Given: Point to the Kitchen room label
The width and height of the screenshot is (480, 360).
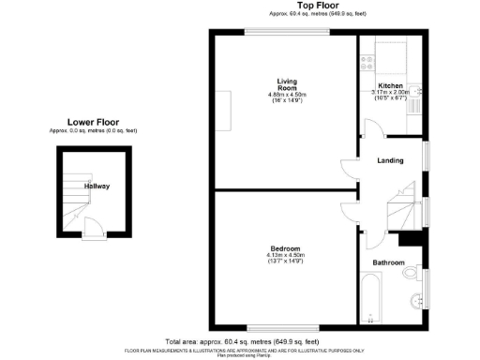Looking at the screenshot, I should pyautogui.click(x=390, y=85).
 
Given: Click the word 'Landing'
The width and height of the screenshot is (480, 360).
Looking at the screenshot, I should pyautogui.click(x=390, y=160).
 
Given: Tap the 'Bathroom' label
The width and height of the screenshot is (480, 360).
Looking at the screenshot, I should pyautogui.click(x=388, y=263).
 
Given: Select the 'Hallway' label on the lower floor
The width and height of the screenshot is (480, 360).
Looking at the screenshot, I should pyautogui.click(x=97, y=187).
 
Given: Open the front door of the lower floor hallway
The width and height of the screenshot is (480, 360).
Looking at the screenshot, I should pyautogui.click(x=92, y=228).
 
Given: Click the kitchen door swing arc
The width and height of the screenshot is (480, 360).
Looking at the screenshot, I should pyautogui.click(x=365, y=141).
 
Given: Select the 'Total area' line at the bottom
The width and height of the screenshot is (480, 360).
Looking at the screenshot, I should pyautogui.click(x=242, y=341).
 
